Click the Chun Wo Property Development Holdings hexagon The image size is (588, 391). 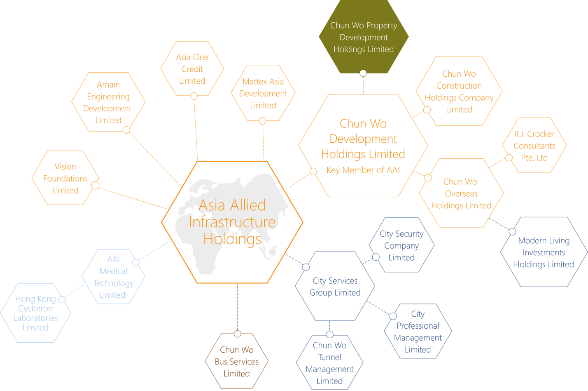pyautogui.click(x=364, y=37)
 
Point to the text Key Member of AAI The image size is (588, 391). pyautogui.click(x=363, y=170)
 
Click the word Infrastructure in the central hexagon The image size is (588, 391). pyautogui.click(x=232, y=222)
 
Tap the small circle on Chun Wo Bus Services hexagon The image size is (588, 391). pyautogui.click(x=238, y=334)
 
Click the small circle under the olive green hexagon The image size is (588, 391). pyautogui.click(x=363, y=73)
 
